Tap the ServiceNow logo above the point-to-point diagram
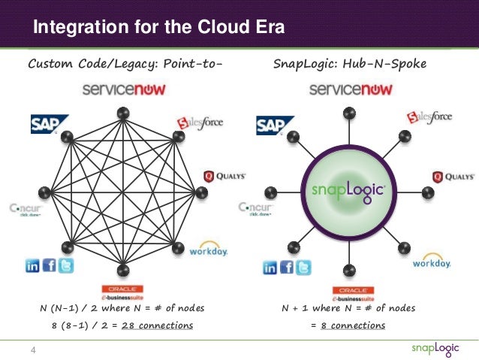(124, 89)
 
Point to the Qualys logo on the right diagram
(453, 177)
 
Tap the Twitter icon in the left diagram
(66, 265)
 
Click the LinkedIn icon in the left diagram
(33, 265)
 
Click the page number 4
(34, 349)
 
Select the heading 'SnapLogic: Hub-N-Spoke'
(351, 64)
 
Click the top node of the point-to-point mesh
(123, 113)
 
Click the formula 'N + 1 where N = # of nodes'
(348, 308)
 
